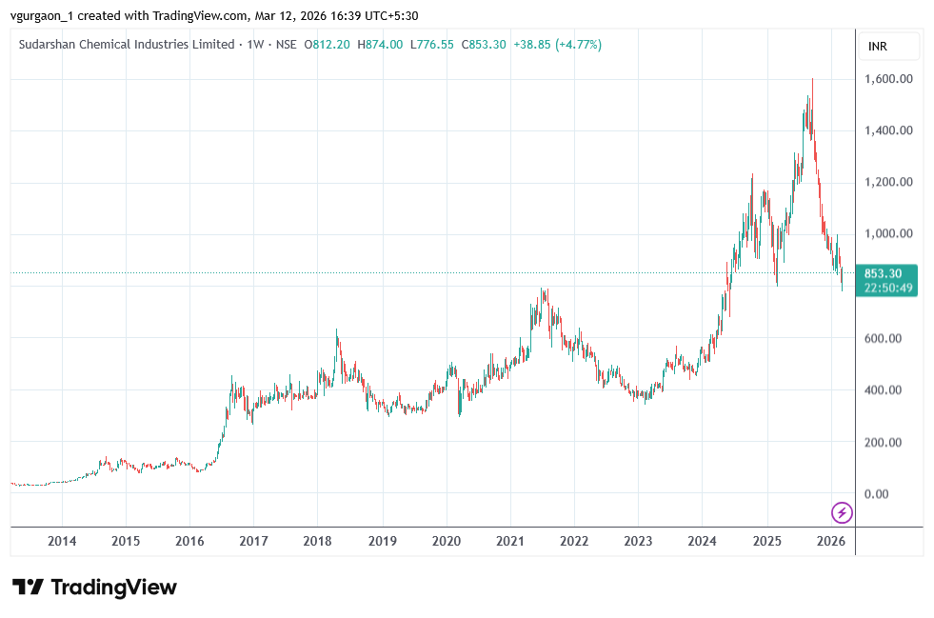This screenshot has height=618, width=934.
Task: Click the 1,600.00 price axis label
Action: point(887,79)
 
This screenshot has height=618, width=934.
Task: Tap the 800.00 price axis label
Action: point(887,287)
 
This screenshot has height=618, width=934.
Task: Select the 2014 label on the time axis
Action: point(62,541)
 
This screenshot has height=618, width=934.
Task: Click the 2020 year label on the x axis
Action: point(447,541)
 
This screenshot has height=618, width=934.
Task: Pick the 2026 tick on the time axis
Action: point(831,541)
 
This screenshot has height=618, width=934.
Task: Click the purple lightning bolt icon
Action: point(842,512)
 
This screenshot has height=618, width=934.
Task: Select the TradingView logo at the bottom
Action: point(94,587)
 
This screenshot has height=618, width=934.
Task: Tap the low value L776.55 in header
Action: point(432,45)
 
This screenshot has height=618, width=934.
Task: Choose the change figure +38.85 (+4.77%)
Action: point(557,45)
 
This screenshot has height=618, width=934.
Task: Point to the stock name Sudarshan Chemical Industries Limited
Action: point(127,45)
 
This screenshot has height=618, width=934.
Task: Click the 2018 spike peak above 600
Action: point(336,331)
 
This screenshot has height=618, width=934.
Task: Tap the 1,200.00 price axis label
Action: point(887,182)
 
